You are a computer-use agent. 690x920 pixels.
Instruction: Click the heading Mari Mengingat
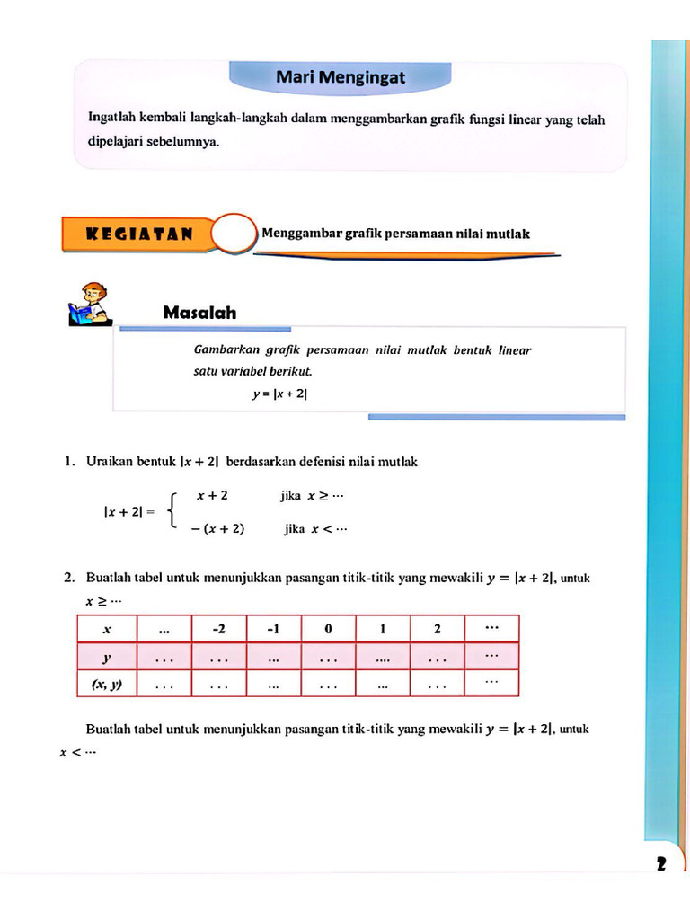pyautogui.click(x=340, y=78)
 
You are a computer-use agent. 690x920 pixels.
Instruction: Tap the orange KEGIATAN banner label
pyautogui.click(x=138, y=234)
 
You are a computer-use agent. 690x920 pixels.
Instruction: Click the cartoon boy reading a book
pyautogui.click(x=90, y=304)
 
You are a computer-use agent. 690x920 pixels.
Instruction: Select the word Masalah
pyautogui.click(x=199, y=313)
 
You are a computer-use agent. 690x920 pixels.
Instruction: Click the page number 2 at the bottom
pyautogui.click(x=661, y=864)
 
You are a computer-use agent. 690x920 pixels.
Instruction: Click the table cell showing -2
pyautogui.click(x=218, y=629)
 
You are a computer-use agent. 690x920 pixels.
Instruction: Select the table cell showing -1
pyautogui.click(x=273, y=629)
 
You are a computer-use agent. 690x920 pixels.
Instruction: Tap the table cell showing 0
pyautogui.click(x=328, y=629)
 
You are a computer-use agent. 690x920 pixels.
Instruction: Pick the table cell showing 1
pyautogui.click(x=383, y=629)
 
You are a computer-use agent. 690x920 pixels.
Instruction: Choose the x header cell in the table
pyautogui.click(x=107, y=629)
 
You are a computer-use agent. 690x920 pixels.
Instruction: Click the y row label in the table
pyautogui.click(x=107, y=658)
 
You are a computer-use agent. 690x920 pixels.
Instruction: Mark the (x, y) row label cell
pyautogui.click(x=107, y=685)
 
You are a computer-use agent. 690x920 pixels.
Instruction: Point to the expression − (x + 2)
pyautogui.click(x=217, y=528)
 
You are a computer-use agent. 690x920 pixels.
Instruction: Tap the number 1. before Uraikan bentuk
pyautogui.click(x=70, y=462)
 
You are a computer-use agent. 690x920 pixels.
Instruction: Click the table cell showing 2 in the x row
pyautogui.click(x=437, y=629)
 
